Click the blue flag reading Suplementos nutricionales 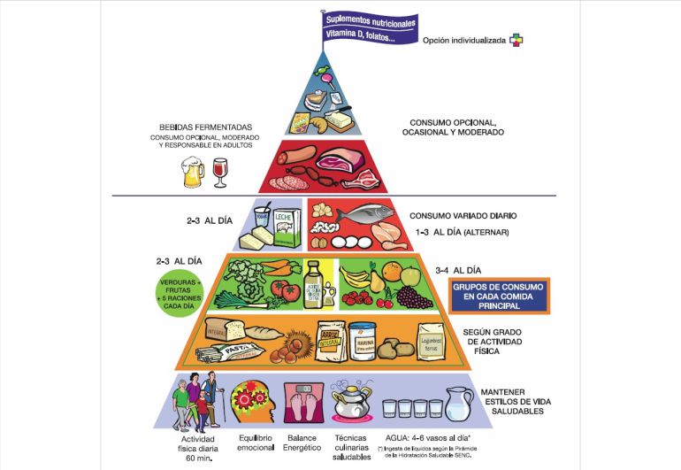coord(370,27)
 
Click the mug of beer coord(193,173)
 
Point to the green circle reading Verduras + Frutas coord(182,293)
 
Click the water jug coord(456,405)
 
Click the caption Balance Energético coord(302,443)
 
